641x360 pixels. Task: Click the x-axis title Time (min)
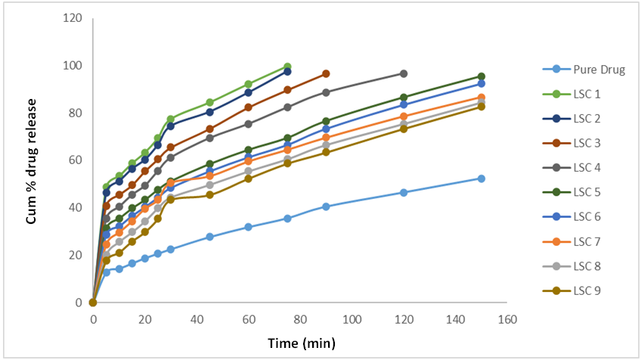coord(301,343)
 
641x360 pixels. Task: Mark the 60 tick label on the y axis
coord(75,160)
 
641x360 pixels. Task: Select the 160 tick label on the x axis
coord(507,320)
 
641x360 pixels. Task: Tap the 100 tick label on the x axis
coord(351,320)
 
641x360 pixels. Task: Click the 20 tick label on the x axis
coord(144,320)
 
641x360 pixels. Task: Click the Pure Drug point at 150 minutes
coord(482,178)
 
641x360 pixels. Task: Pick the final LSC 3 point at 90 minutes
coord(326,73)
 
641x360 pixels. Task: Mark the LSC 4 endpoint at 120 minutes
coord(404,73)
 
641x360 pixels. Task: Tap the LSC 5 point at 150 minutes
coord(482,76)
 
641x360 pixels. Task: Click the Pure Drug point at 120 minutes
coord(404,192)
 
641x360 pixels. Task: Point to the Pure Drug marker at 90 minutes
coord(326,206)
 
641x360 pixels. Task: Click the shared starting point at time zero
coord(93,303)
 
